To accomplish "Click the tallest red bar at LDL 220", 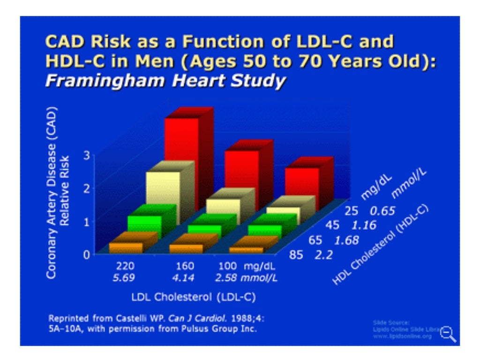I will pyautogui.click(x=181, y=145).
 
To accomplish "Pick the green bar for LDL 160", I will pyautogui.click(x=204, y=229).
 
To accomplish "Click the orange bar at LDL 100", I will pyautogui.click(x=247, y=250).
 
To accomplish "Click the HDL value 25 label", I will pyautogui.click(x=352, y=211).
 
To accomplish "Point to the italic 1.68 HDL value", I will pyautogui.click(x=347, y=241).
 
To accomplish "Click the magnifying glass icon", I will pyautogui.click(x=449, y=333).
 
